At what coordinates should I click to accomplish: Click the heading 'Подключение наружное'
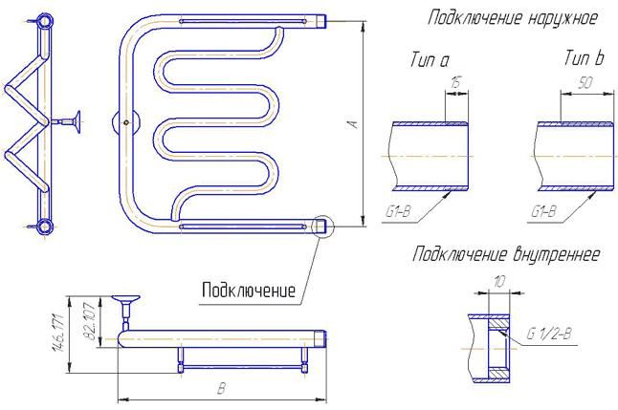point(513,18)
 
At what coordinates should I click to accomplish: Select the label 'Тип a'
point(430,60)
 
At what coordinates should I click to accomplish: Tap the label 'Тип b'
point(584,58)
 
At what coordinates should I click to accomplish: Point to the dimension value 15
point(455,83)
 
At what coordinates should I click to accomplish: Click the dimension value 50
point(586,83)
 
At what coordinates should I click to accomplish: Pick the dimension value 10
point(498,282)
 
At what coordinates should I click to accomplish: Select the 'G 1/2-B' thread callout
point(548,334)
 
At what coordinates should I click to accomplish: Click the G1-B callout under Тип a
point(398,211)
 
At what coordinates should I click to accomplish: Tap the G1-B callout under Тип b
point(543,211)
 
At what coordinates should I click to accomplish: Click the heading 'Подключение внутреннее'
point(506,254)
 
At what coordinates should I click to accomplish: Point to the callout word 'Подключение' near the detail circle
point(249,291)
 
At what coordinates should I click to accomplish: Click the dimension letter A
point(354,123)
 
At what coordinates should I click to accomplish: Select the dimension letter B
point(222,389)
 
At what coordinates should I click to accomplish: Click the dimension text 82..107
point(90,322)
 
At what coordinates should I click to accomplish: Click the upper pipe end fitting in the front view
point(321,20)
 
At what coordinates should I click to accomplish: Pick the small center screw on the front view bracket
point(126,122)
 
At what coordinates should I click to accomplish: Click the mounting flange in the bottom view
point(125,298)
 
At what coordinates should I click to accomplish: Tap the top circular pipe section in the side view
point(45,20)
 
